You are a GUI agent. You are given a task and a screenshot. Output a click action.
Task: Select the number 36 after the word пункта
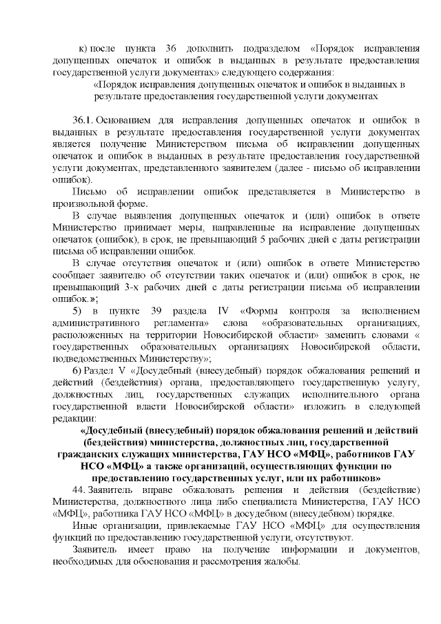[172, 49]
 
